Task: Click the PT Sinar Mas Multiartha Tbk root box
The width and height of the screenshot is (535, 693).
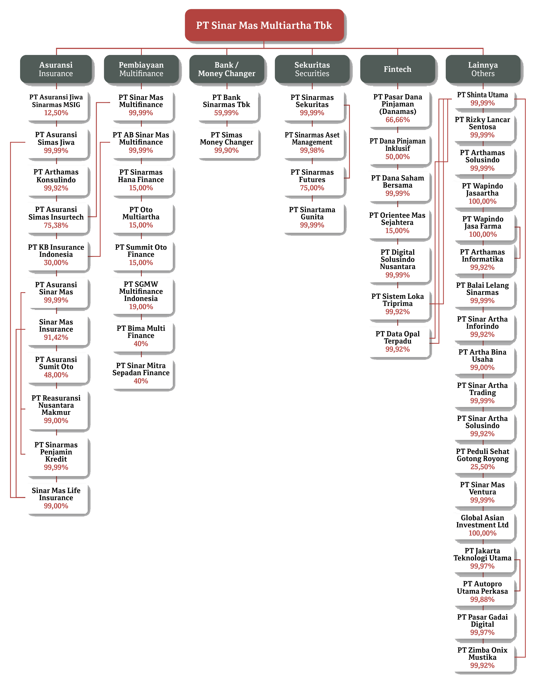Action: [264, 25]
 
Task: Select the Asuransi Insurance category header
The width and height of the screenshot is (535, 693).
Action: [56, 69]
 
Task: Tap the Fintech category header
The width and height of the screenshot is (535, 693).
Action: [397, 69]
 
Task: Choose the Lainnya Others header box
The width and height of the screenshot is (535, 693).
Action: [483, 69]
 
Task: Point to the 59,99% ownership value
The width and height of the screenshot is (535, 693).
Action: [226, 113]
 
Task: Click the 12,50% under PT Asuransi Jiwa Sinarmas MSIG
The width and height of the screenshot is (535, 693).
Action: [56, 113]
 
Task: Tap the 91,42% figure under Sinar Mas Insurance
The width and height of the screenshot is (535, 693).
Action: [56, 337]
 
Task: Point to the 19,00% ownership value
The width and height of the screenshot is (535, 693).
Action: [141, 307]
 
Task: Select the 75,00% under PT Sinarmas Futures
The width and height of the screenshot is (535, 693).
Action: [312, 188]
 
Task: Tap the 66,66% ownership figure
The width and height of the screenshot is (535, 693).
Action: [398, 120]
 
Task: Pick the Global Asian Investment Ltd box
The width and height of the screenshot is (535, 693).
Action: [482, 525]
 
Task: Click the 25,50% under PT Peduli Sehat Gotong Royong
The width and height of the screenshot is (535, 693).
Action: [482, 467]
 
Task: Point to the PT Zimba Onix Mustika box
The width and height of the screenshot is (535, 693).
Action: [482, 658]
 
